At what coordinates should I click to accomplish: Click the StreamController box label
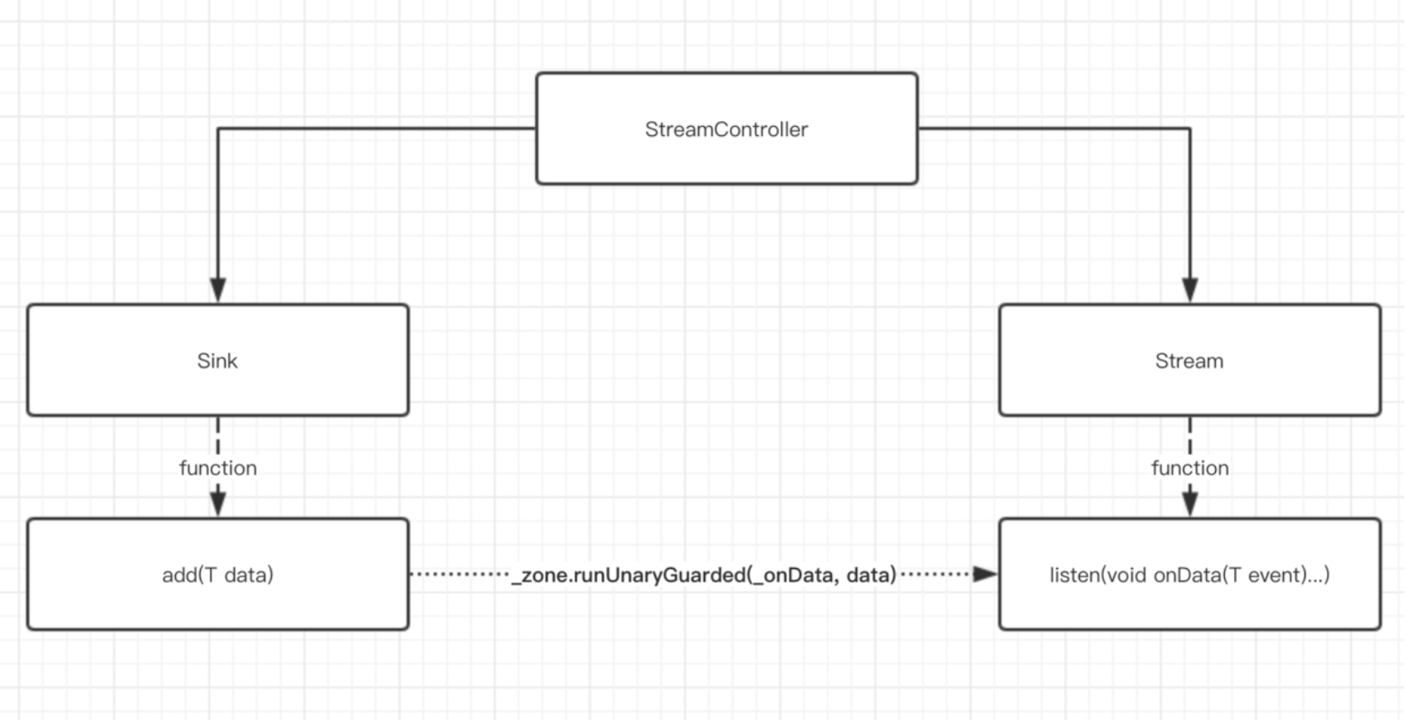[x=726, y=129]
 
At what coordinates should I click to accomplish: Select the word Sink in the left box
[x=217, y=361]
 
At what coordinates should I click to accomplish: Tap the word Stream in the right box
[x=1189, y=361]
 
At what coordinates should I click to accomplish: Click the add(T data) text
[x=217, y=575]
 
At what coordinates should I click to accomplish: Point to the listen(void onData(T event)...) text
[x=1189, y=575]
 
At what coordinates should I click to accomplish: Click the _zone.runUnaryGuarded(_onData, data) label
[x=704, y=575]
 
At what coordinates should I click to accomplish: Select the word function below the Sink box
[x=217, y=468]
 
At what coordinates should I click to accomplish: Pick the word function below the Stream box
[x=1189, y=468]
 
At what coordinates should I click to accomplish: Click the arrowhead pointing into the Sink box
[x=218, y=290]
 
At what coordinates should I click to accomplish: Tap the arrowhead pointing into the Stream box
[x=1189, y=290]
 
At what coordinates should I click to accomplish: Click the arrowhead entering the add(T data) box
[x=218, y=504]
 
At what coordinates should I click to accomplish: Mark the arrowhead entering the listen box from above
[x=1189, y=504]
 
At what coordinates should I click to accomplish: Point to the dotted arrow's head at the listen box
[x=984, y=574]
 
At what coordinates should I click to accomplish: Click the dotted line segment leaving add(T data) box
[x=458, y=574]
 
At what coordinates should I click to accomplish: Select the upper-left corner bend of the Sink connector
[x=218, y=129]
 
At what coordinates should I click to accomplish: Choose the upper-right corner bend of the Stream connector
[x=1189, y=129]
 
